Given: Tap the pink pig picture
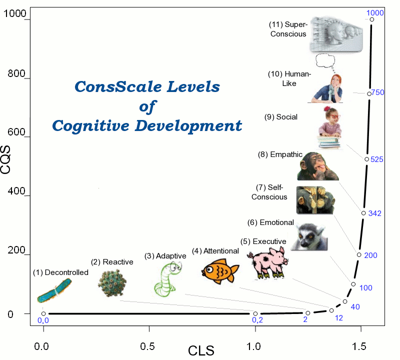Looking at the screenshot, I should tap(268, 263).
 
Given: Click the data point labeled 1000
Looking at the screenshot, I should tap(371, 19).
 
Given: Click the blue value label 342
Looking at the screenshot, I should tap(374, 213).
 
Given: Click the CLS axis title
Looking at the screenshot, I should tap(201, 350).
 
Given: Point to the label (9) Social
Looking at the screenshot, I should tap(280, 117).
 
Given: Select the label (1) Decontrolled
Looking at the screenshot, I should tap(60, 272).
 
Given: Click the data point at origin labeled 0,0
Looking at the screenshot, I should tap(43, 313).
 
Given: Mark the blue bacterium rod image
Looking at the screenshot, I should tap(54, 291).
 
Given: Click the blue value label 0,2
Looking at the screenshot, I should tap(257, 320).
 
